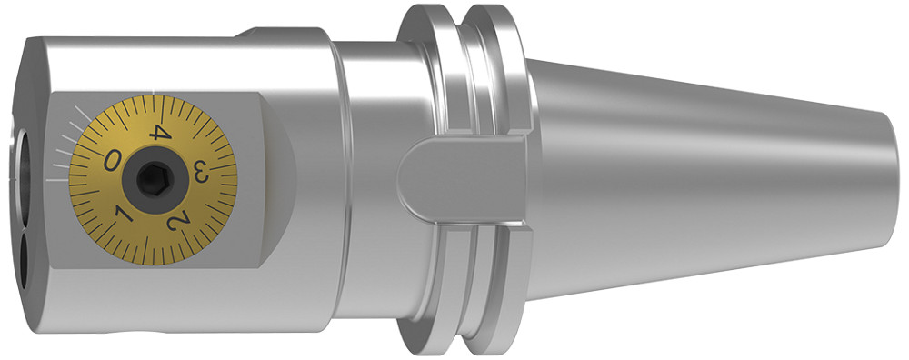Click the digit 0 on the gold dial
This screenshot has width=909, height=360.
(x=112, y=160)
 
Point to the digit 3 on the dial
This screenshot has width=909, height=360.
(x=202, y=171)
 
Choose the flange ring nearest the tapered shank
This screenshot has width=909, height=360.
(x=500, y=73)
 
